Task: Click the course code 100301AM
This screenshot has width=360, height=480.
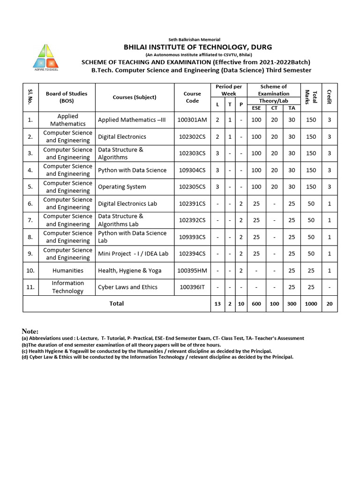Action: [x=192, y=120]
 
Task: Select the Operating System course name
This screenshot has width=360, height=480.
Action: [x=122, y=187]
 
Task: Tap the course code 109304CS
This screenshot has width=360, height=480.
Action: [x=192, y=170]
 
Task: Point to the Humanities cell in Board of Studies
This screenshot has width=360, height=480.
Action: [x=68, y=270]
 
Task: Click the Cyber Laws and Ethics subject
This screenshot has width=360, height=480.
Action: [x=127, y=287]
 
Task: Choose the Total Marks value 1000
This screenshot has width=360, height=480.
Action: [x=311, y=304]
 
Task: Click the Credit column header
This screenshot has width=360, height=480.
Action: [x=329, y=97]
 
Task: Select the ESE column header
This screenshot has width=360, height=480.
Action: [x=256, y=108]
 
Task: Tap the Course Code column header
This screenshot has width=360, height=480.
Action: [x=192, y=97]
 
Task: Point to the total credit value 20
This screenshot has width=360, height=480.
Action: [x=329, y=304]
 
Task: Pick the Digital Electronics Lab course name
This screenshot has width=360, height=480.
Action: [x=127, y=203]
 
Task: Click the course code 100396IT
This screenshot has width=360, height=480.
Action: [x=192, y=287]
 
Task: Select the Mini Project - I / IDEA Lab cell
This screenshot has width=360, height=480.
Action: [x=133, y=254]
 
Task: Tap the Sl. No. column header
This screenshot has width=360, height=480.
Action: [x=30, y=97]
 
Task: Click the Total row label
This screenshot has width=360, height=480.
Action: [x=116, y=304]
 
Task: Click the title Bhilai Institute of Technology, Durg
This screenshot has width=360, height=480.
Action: [x=197, y=47]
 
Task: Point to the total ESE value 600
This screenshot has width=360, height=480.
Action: [x=256, y=304]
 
